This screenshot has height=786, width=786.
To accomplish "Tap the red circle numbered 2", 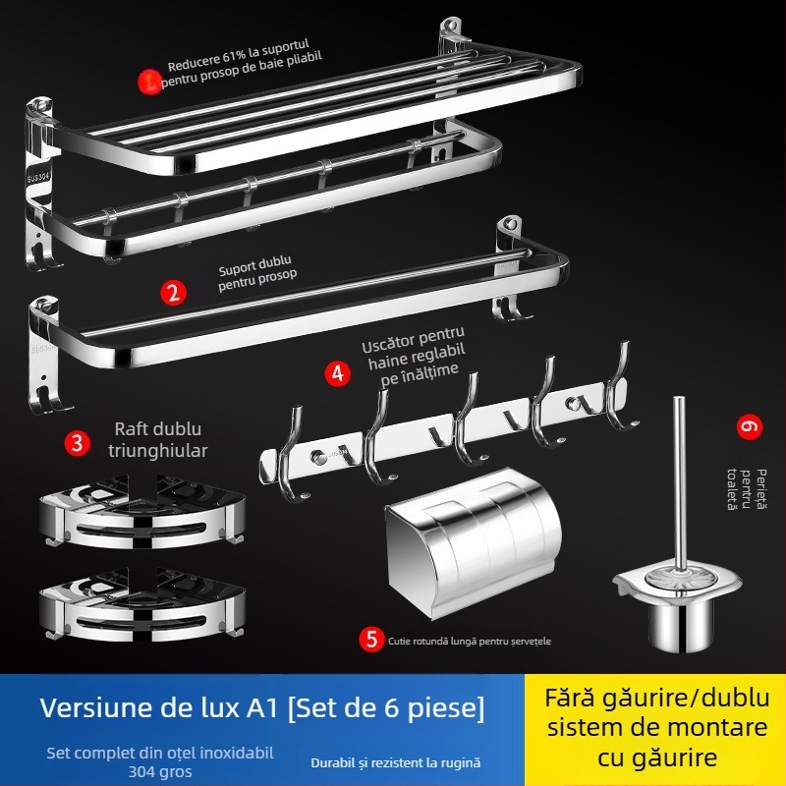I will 173,292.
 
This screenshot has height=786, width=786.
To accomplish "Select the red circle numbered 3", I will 77,441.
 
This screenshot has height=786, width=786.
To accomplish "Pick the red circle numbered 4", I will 338,373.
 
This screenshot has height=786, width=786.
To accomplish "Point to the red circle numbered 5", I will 371,640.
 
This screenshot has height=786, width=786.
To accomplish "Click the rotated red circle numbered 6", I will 750,427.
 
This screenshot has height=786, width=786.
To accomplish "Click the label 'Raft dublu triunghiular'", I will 162,441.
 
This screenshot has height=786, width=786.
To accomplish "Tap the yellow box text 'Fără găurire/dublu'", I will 657,699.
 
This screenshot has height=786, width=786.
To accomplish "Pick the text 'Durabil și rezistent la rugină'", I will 396,762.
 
